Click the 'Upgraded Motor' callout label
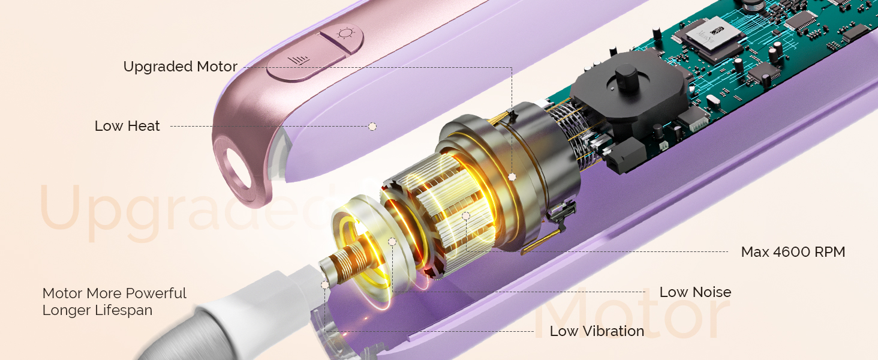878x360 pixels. click(x=181, y=67)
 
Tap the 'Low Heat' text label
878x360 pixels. click(x=127, y=126)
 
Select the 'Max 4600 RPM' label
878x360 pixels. click(x=793, y=252)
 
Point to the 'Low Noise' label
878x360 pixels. click(x=695, y=292)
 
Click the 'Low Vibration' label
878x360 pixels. click(x=597, y=331)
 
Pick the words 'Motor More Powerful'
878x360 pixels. click(x=114, y=293)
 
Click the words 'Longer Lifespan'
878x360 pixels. click(x=97, y=310)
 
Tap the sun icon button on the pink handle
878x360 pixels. click(x=345, y=34)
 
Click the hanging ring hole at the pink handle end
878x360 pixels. click(x=239, y=169)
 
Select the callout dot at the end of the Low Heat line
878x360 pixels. click(x=372, y=126)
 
